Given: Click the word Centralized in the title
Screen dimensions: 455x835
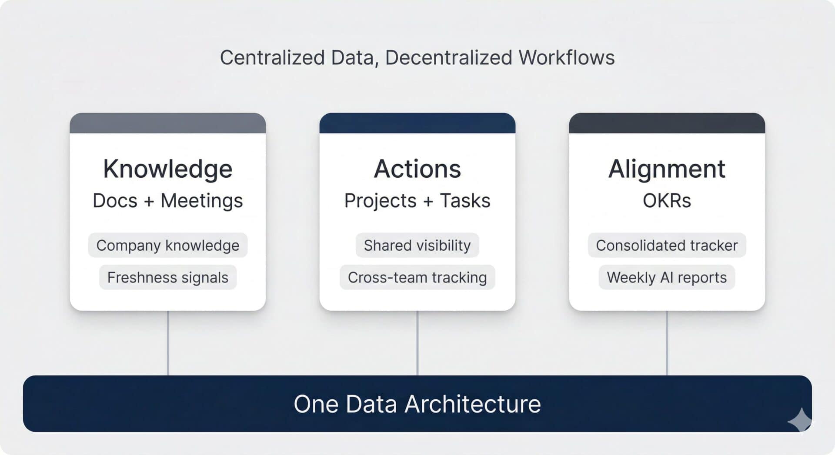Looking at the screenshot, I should (x=272, y=58).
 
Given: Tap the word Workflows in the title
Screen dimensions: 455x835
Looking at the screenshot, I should (x=566, y=58).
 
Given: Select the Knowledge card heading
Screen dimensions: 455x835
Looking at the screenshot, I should (x=167, y=169).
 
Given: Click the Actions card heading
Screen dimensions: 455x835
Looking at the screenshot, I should (x=417, y=169).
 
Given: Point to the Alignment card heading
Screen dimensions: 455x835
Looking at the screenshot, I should (x=667, y=169).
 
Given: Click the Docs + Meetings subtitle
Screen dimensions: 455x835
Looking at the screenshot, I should (x=167, y=201).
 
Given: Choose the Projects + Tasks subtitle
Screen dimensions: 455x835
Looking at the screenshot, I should (x=417, y=201).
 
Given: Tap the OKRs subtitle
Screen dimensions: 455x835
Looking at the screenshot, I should (x=667, y=201).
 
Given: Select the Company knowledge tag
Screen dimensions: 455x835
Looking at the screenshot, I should (x=167, y=246).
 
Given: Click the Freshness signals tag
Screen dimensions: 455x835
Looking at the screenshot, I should (x=167, y=277).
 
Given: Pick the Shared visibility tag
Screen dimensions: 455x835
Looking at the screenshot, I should (x=417, y=246).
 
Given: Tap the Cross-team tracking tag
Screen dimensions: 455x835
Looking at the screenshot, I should (x=417, y=277).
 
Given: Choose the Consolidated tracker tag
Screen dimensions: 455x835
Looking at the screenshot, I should (x=667, y=246).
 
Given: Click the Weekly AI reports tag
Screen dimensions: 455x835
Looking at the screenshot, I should (x=667, y=277).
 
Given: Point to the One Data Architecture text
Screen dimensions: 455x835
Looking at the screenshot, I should (x=417, y=404).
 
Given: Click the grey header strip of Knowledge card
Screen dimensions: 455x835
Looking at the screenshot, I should (x=167, y=123).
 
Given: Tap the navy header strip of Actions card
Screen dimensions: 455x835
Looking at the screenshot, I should (x=417, y=123).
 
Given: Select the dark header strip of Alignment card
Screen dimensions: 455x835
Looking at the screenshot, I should (x=667, y=123).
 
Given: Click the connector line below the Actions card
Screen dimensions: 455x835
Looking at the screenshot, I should (x=417, y=343).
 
